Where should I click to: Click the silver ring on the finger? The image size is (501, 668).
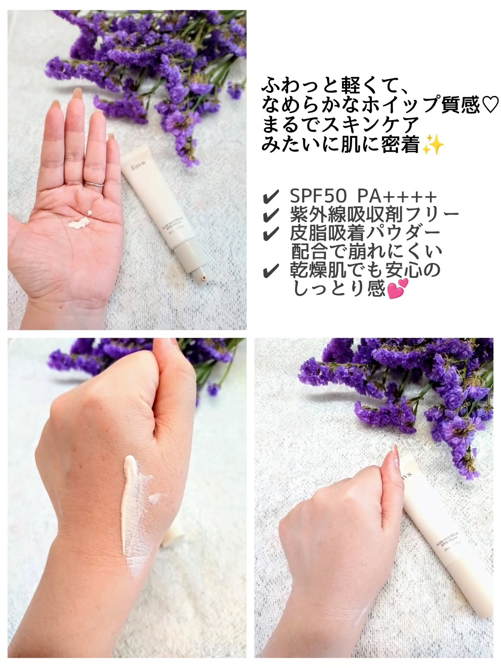(94, 184)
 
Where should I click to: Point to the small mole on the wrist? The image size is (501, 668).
(61, 307)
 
